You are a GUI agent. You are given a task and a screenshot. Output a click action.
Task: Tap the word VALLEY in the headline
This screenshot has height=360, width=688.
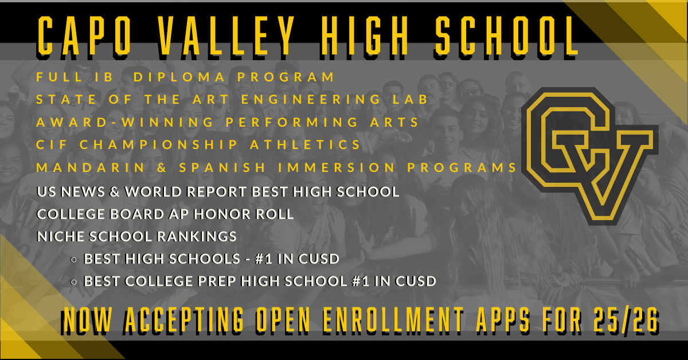click(x=226, y=36)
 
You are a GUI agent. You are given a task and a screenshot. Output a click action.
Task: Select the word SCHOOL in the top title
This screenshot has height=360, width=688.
click(x=507, y=36)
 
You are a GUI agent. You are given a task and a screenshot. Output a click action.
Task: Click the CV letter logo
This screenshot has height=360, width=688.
click(x=590, y=156)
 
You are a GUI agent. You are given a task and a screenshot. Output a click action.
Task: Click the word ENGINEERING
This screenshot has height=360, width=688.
click(x=311, y=99)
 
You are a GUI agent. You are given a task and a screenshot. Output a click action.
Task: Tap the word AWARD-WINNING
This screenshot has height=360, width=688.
click(x=125, y=122)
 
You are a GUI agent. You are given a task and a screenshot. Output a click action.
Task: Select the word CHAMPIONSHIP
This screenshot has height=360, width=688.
click(x=158, y=144)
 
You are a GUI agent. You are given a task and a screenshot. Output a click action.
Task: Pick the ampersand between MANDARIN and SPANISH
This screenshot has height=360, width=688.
click(x=162, y=167)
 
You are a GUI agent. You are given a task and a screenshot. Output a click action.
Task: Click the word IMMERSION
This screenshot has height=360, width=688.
click(x=337, y=167)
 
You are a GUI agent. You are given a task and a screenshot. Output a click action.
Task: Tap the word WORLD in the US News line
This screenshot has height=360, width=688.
click(x=153, y=191)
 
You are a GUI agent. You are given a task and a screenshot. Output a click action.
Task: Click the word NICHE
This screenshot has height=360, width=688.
click(x=61, y=237)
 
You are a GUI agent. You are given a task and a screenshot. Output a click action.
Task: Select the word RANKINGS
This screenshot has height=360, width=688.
click(x=197, y=237)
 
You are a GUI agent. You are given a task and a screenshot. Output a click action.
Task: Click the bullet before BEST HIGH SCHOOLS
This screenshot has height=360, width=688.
click(x=73, y=260)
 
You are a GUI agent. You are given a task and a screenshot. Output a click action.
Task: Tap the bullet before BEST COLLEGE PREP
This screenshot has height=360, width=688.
click(x=73, y=282)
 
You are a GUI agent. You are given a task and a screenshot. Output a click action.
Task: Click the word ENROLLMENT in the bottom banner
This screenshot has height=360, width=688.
click(x=393, y=320)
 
